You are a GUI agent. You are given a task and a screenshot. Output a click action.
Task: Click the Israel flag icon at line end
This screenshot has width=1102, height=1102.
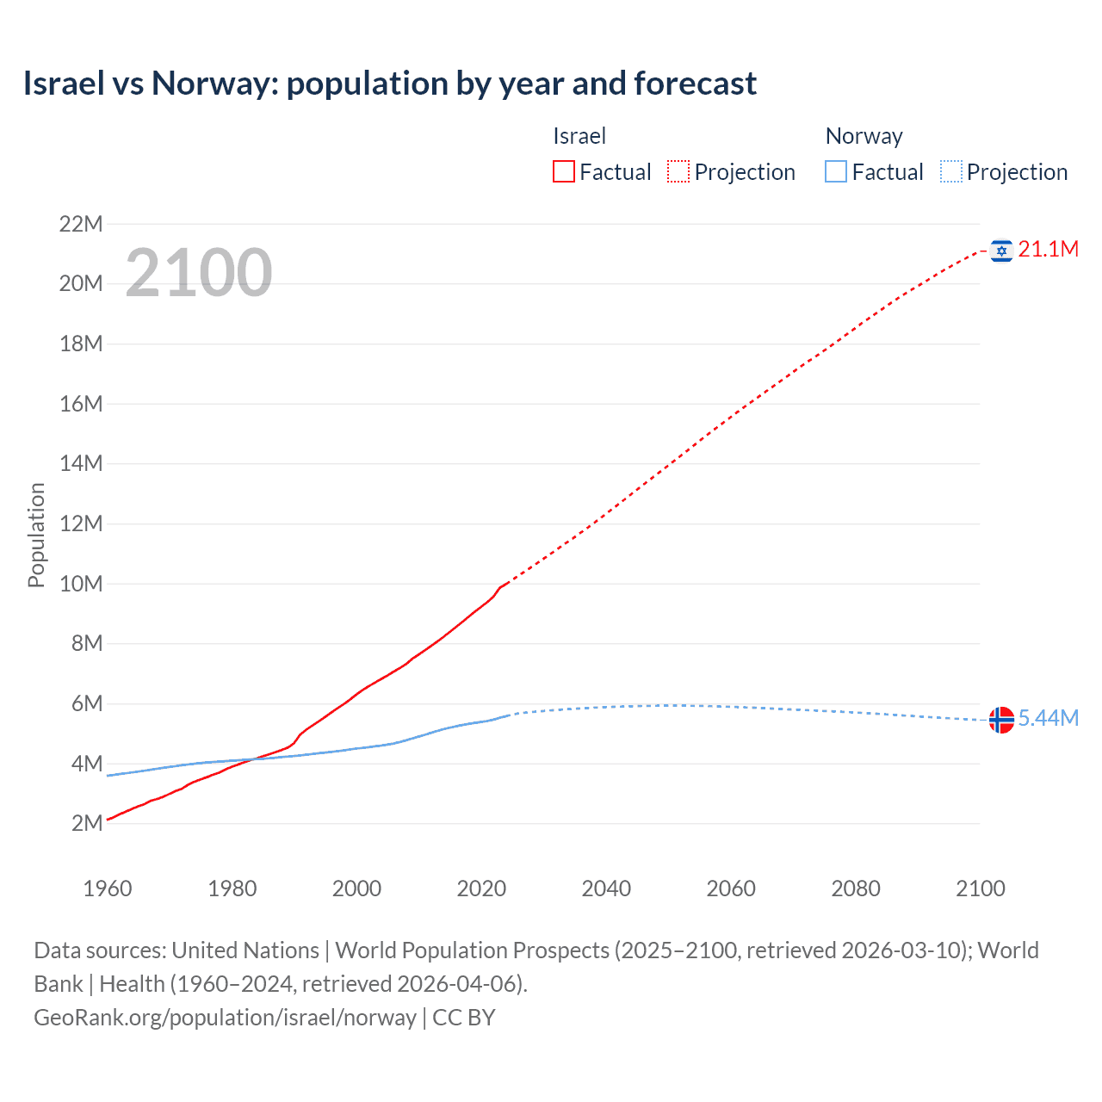(x=1001, y=251)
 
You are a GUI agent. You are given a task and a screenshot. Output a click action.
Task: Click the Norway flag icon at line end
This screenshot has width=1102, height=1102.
(x=1001, y=719)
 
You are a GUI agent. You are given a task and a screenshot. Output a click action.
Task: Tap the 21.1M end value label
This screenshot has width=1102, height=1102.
(x=1048, y=250)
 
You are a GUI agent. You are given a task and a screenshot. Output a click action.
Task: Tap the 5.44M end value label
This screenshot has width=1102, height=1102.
(x=1048, y=719)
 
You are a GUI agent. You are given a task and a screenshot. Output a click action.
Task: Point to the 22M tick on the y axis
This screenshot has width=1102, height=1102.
(x=80, y=225)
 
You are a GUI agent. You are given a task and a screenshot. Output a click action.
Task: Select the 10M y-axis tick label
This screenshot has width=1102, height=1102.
(x=80, y=585)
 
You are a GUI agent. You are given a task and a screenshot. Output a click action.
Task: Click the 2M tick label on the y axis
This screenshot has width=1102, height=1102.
(x=86, y=824)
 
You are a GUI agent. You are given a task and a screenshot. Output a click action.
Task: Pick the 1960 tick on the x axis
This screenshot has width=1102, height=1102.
(x=108, y=888)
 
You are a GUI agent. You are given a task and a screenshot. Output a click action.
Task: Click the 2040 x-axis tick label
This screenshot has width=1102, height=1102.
(x=606, y=888)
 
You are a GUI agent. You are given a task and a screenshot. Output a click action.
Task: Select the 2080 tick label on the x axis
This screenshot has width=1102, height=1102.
(x=856, y=888)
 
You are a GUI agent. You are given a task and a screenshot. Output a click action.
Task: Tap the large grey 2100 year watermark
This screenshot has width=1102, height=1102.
(x=199, y=273)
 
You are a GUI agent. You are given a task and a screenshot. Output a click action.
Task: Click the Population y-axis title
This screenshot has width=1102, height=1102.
(x=36, y=535)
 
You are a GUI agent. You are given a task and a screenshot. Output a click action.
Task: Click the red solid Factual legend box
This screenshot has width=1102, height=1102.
(x=564, y=172)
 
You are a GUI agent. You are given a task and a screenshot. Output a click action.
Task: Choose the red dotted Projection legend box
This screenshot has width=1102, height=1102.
(x=678, y=172)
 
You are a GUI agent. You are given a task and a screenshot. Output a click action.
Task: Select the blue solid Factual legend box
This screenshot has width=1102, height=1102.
(x=836, y=172)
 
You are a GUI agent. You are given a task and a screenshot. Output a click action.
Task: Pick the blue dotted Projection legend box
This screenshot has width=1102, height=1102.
(x=950, y=172)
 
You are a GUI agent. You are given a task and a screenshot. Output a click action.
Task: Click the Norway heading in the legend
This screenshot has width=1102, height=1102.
(x=864, y=137)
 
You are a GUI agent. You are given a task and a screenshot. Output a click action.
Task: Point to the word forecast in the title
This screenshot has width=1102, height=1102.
(x=695, y=84)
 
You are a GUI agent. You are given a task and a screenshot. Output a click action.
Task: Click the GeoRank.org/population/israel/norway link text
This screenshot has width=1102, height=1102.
(x=225, y=1018)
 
